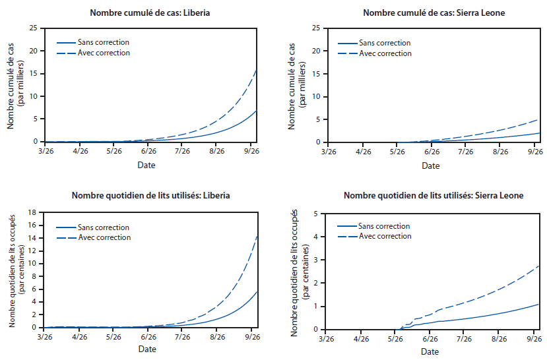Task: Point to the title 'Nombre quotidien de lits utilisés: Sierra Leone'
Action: click(434, 196)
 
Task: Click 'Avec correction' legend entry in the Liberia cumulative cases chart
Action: click(104, 53)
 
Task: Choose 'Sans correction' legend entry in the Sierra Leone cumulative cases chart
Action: click(384, 43)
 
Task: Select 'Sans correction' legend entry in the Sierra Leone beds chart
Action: click(384, 226)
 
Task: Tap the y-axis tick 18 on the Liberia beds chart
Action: click(33, 213)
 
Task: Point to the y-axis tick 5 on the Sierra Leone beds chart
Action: click(317, 214)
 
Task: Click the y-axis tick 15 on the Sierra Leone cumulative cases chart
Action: click(315, 73)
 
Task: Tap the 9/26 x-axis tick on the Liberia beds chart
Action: click(251, 337)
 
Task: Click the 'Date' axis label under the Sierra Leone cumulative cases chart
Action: click(431, 165)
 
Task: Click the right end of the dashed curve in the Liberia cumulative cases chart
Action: click(257, 69)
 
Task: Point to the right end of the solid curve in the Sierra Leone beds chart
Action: click(538, 304)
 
